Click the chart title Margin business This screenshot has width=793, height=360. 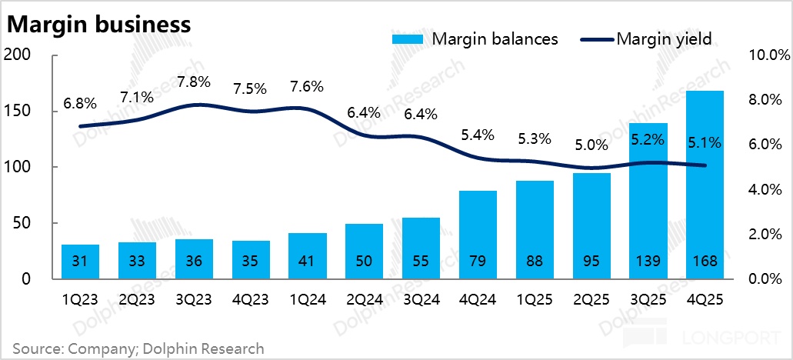[98, 24]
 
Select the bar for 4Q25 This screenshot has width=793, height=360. [705, 185]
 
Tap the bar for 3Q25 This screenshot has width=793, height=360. [648, 201]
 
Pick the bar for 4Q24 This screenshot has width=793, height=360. [478, 235]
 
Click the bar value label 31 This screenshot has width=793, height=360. [79, 261]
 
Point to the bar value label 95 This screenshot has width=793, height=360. [591, 261]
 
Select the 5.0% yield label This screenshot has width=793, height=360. [591, 145]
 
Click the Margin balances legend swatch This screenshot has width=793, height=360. [409, 38]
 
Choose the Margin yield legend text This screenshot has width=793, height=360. [663, 38]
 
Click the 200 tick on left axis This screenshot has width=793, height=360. [18, 55]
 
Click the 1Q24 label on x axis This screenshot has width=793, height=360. [307, 298]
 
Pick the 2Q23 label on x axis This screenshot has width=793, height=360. [136, 298]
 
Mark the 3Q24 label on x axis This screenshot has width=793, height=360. [421, 298]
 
